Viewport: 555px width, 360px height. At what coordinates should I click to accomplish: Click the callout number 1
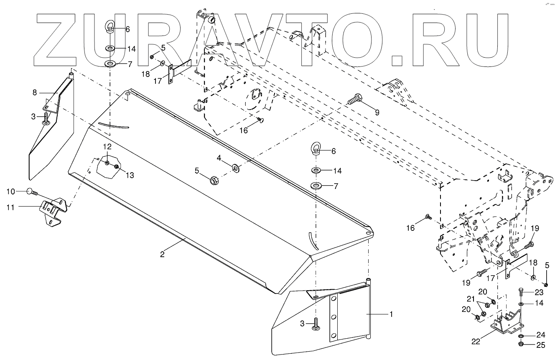click(x=391, y=314)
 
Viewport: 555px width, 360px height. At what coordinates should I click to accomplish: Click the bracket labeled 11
click(x=52, y=211)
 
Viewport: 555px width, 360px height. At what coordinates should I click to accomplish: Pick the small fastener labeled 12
click(x=107, y=162)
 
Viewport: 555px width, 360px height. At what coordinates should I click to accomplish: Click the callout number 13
click(x=130, y=175)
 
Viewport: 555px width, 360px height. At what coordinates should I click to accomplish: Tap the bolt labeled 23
click(x=520, y=291)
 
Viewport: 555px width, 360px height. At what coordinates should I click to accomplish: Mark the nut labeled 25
click(x=521, y=344)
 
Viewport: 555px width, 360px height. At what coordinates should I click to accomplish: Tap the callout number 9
click(x=377, y=112)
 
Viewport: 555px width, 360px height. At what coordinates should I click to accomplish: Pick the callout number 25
click(x=541, y=345)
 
